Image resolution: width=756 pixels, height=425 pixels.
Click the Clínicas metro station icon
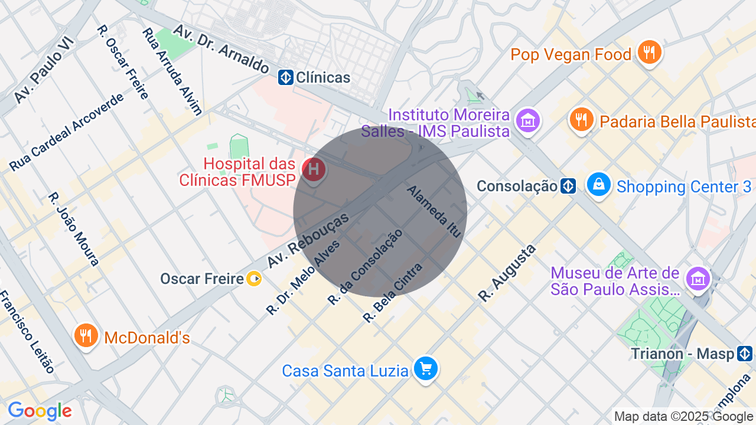click(x=286, y=77)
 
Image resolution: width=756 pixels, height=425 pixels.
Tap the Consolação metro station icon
click(x=568, y=187)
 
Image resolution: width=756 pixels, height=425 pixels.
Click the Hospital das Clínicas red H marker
click(x=314, y=170)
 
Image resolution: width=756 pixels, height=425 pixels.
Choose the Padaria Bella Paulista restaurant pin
click(x=582, y=120)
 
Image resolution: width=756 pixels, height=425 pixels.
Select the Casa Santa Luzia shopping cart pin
click(x=425, y=370)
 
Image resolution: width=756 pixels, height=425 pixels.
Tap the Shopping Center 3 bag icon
click(x=599, y=185)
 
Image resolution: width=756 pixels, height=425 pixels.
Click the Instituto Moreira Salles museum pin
click(x=527, y=121)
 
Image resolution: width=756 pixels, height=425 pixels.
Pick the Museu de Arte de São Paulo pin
click(x=698, y=279)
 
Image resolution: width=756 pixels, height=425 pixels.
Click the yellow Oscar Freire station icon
click(x=254, y=279)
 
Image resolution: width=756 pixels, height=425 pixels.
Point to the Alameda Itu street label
click(x=434, y=211)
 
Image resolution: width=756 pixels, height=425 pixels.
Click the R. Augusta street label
click(x=507, y=273)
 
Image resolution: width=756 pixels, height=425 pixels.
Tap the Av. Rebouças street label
click(x=308, y=241)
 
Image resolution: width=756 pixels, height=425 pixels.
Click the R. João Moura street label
click(x=74, y=229)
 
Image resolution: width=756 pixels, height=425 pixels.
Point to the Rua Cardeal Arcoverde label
click(x=67, y=132)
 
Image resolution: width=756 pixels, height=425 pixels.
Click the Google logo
click(x=40, y=411)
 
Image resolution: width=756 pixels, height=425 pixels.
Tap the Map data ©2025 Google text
click(x=683, y=417)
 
